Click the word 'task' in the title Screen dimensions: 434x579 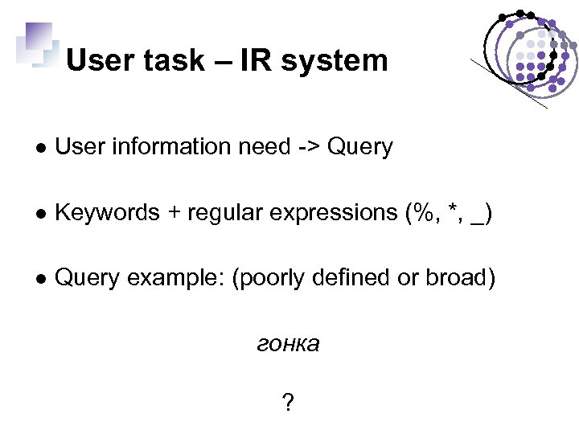(172, 61)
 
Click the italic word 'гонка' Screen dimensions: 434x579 (288, 345)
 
